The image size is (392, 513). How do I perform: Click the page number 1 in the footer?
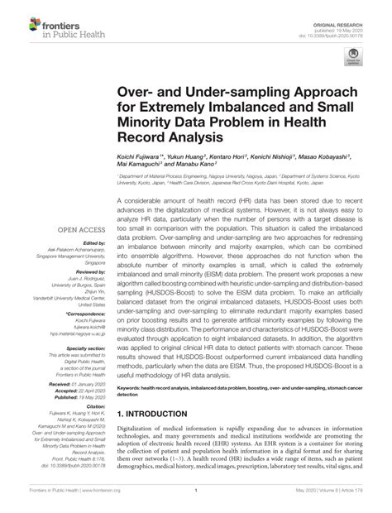(195, 500)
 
